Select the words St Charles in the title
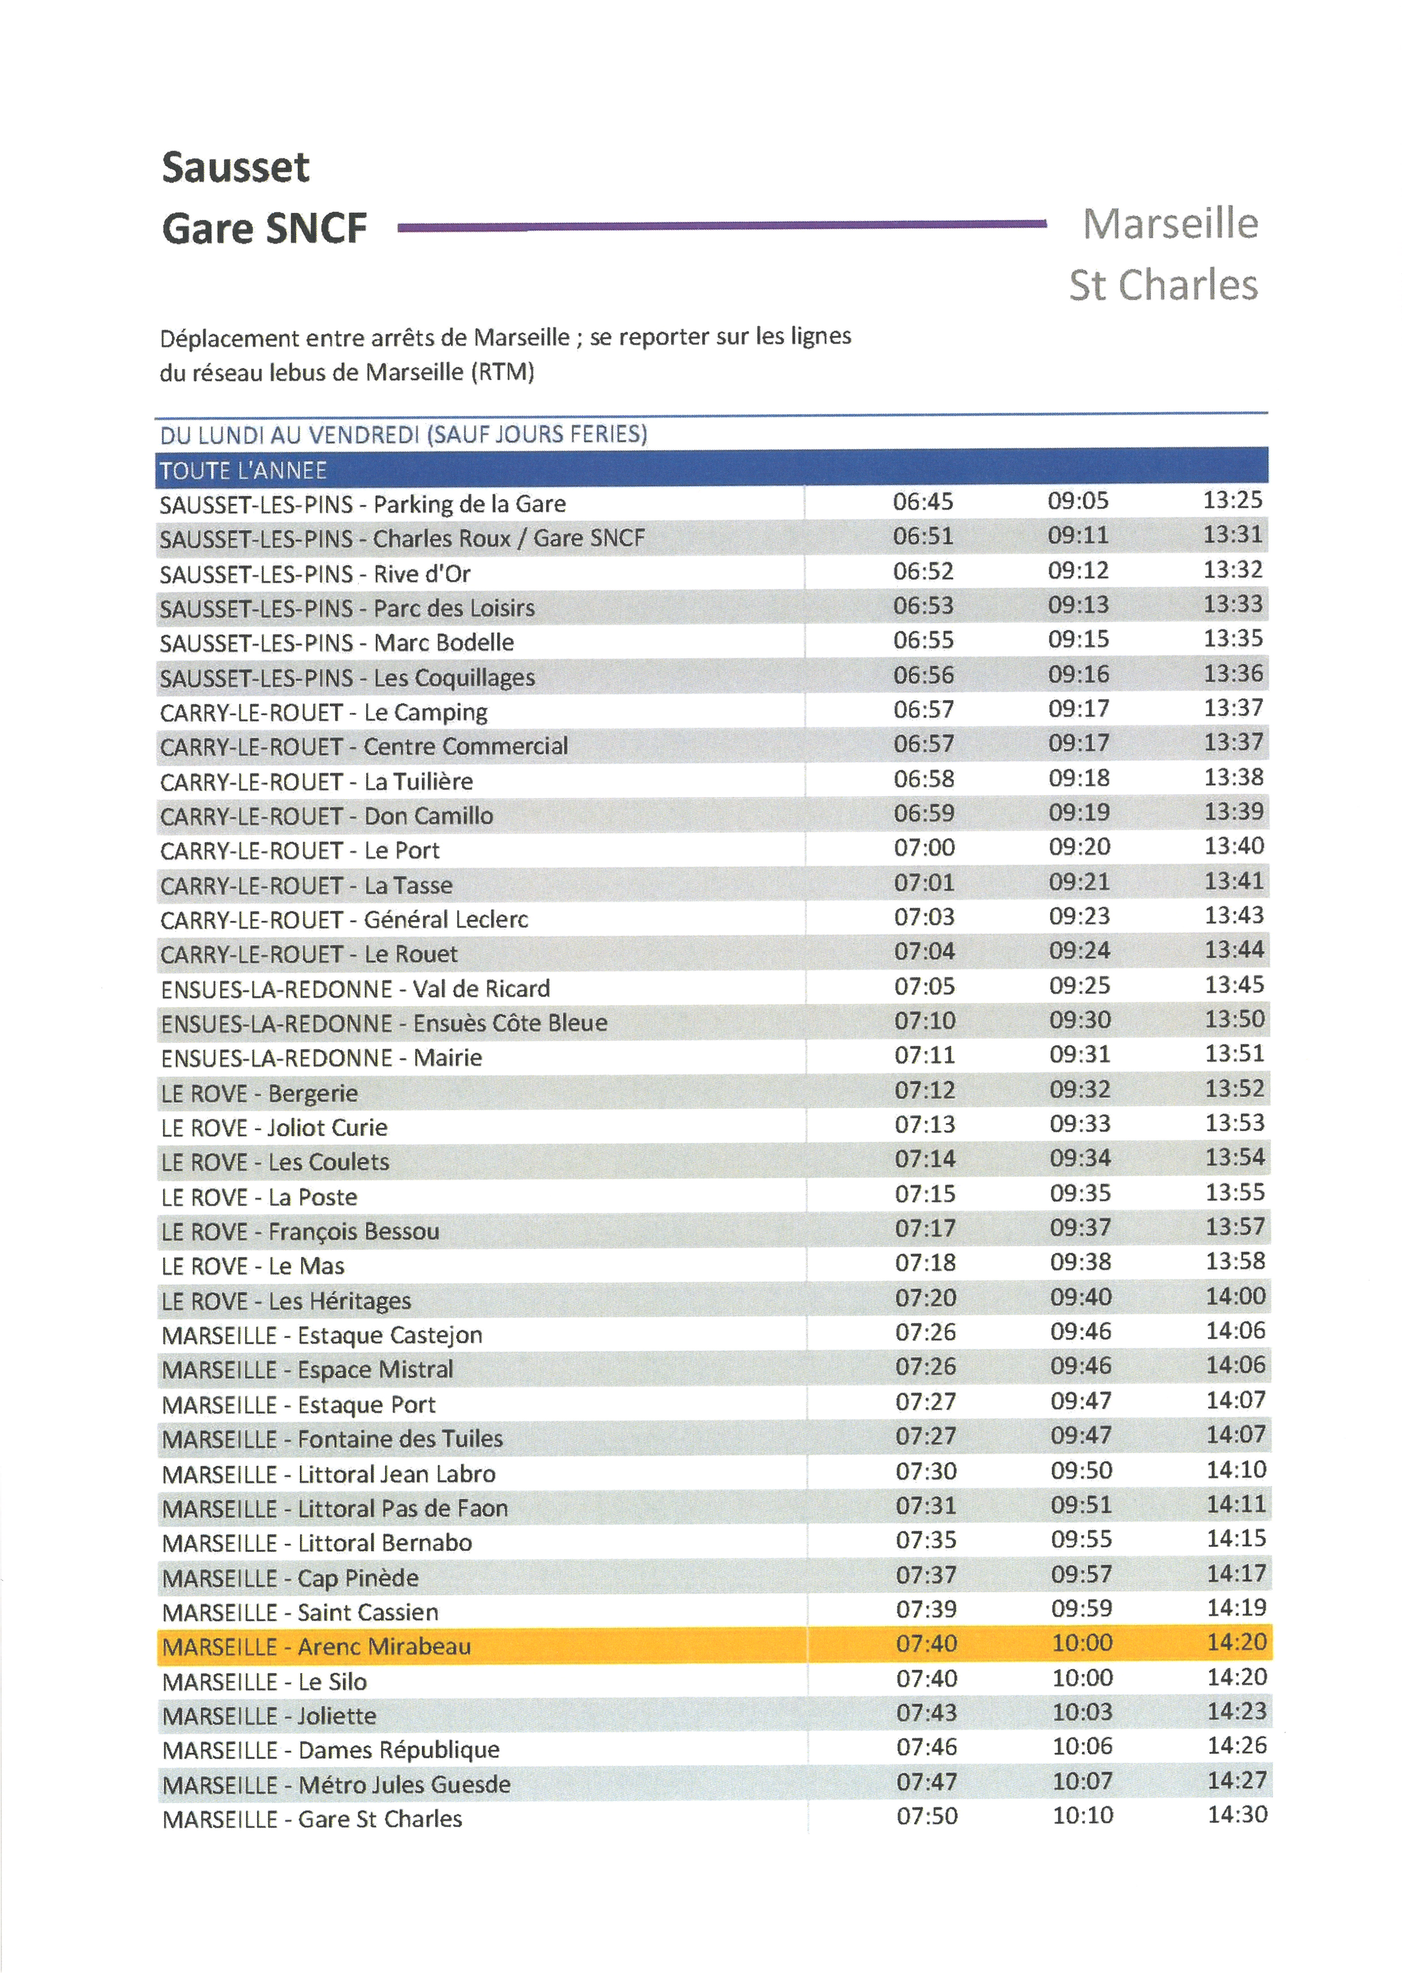(1163, 285)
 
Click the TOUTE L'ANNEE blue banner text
(244, 471)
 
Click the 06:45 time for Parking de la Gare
(923, 501)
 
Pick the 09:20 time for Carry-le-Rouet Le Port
(1079, 847)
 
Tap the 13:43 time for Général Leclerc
(1234, 915)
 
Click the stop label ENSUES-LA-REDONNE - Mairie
(321, 1058)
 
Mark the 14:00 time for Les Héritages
(1235, 1296)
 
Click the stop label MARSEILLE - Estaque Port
(299, 1404)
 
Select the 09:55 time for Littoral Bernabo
(1081, 1539)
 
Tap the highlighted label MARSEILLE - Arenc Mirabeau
(316, 1646)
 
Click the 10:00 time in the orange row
(1081, 1643)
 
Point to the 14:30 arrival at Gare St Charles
(1237, 1815)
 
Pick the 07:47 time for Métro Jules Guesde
(926, 1781)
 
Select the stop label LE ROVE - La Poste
(259, 1197)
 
